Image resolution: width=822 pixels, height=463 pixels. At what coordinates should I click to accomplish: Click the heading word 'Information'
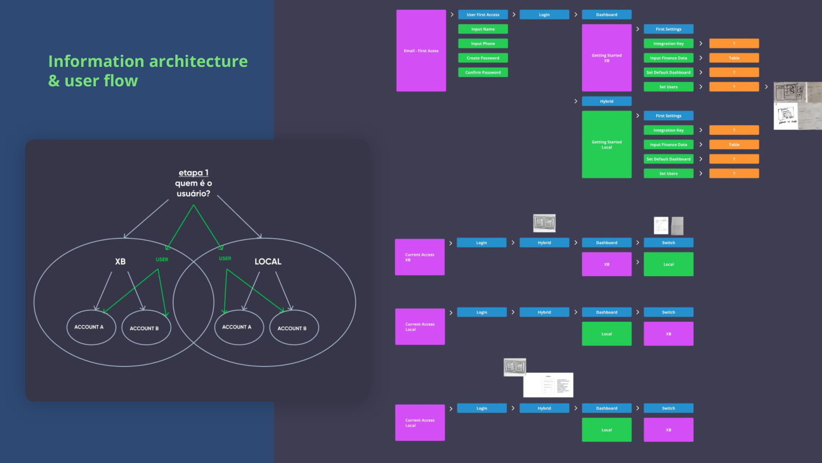(96, 61)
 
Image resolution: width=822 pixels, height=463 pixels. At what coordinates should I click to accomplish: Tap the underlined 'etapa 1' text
(193, 173)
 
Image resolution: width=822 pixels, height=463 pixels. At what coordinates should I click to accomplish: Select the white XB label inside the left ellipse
(120, 261)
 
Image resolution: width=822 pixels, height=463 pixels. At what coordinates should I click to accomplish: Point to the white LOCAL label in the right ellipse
(268, 261)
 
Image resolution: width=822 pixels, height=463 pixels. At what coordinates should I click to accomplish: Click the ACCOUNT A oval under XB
(89, 328)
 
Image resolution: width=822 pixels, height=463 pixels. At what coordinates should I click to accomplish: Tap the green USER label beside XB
(162, 260)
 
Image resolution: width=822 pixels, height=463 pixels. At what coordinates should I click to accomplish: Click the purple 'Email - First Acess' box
(421, 50)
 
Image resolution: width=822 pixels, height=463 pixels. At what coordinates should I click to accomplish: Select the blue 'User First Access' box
(483, 15)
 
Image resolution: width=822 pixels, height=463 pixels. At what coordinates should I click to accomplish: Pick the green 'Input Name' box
(483, 29)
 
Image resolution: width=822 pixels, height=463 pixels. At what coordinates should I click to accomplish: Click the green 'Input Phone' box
(483, 43)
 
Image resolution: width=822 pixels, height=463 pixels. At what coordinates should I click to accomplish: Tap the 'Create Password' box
(483, 58)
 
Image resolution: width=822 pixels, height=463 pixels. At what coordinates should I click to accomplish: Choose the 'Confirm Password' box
(483, 73)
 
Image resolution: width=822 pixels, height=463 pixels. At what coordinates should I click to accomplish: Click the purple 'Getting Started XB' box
(607, 58)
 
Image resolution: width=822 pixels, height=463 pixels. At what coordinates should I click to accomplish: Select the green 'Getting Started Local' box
(607, 145)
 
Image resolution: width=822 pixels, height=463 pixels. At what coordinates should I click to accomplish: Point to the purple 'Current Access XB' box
(420, 257)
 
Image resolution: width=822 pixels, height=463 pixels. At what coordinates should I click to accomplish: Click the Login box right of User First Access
(544, 15)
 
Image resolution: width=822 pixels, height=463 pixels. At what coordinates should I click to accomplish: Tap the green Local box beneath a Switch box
(668, 264)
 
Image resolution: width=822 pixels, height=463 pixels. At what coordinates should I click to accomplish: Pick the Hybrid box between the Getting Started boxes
(607, 101)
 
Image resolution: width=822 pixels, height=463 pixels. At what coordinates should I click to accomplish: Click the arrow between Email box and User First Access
(452, 15)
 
